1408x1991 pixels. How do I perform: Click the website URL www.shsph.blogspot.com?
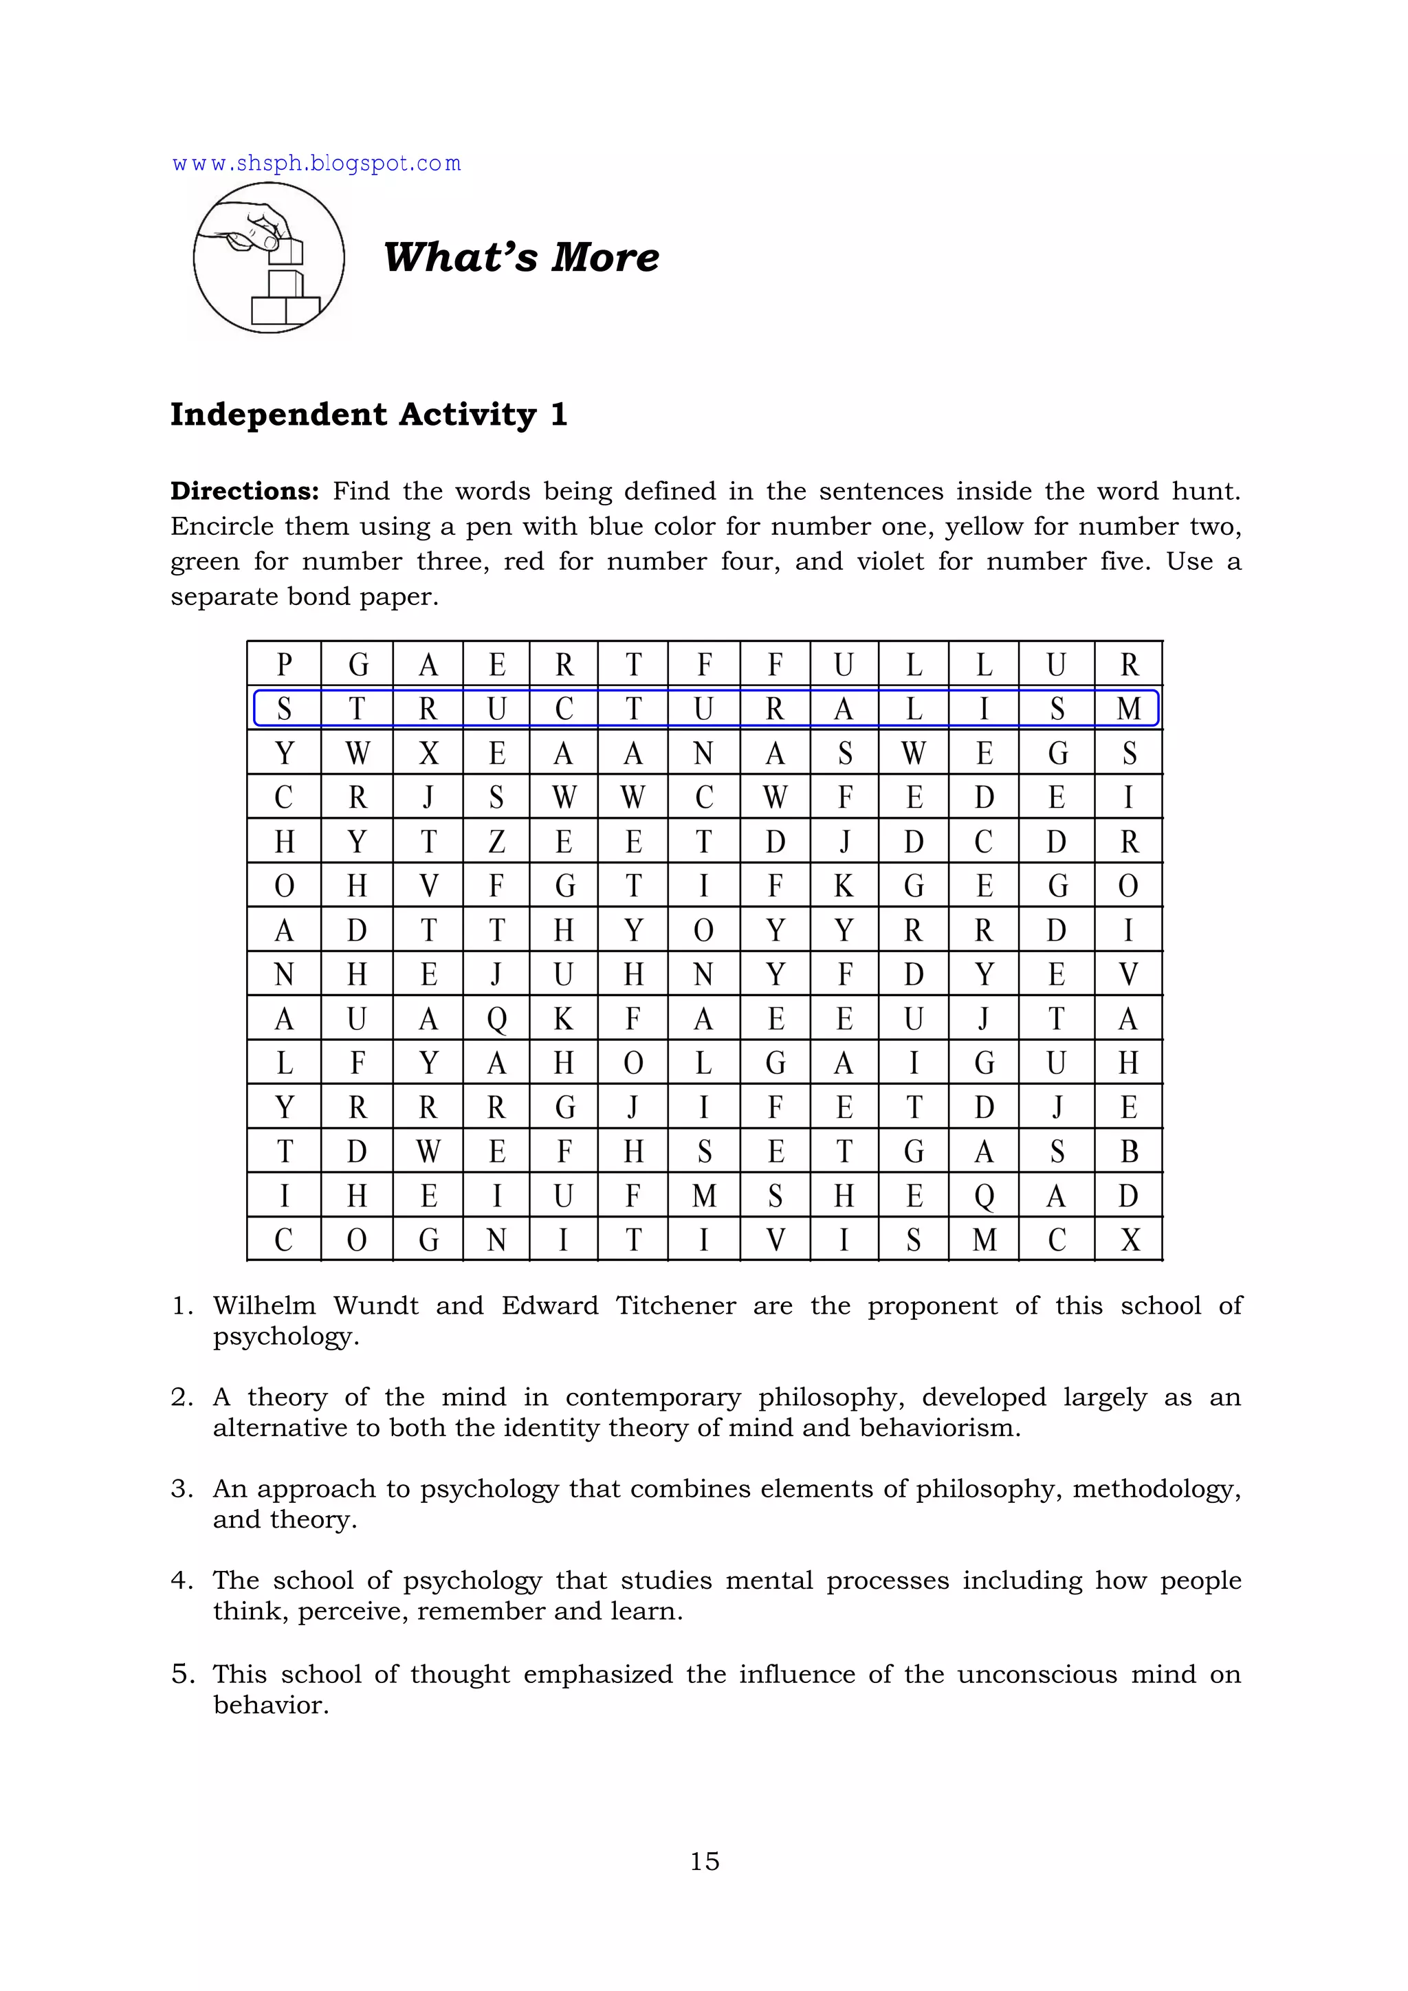(316, 164)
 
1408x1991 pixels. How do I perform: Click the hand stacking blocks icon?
(269, 258)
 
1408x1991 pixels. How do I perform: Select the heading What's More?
(521, 258)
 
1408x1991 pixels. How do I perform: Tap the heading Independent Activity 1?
(368, 415)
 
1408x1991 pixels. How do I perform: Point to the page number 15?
(704, 1861)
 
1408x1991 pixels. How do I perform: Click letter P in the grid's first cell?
(283, 664)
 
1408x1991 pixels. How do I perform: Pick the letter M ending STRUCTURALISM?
(1128, 709)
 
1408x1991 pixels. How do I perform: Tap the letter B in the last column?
(1128, 1152)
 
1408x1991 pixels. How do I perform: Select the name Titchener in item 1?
(675, 1306)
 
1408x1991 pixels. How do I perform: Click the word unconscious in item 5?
(1037, 1675)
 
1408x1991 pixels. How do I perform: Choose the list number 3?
(181, 1489)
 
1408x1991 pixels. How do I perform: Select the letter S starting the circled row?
(283, 709)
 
